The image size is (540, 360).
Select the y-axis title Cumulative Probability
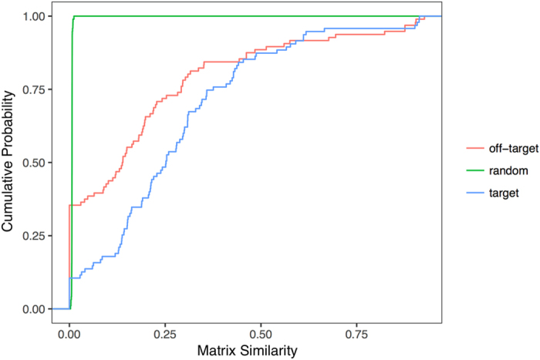click(x=9, y=163)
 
